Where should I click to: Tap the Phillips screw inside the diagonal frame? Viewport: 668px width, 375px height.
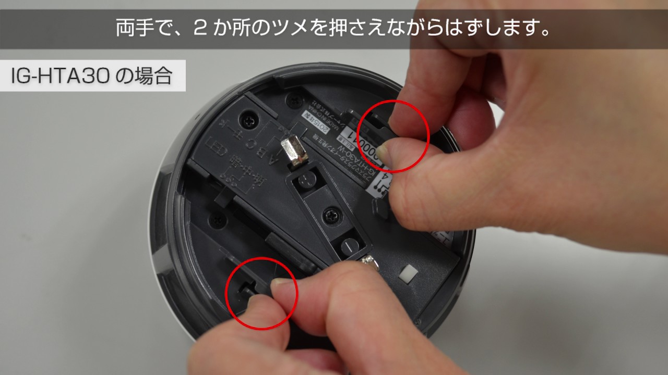click(x=331, y=213)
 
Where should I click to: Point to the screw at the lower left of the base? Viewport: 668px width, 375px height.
click(x=215, y=221)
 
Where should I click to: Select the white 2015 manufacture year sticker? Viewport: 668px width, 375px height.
click(x=312, y=121)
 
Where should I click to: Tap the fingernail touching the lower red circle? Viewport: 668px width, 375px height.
click(x=282, y=286)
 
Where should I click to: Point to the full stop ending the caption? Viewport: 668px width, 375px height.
click(x=545, y=32)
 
